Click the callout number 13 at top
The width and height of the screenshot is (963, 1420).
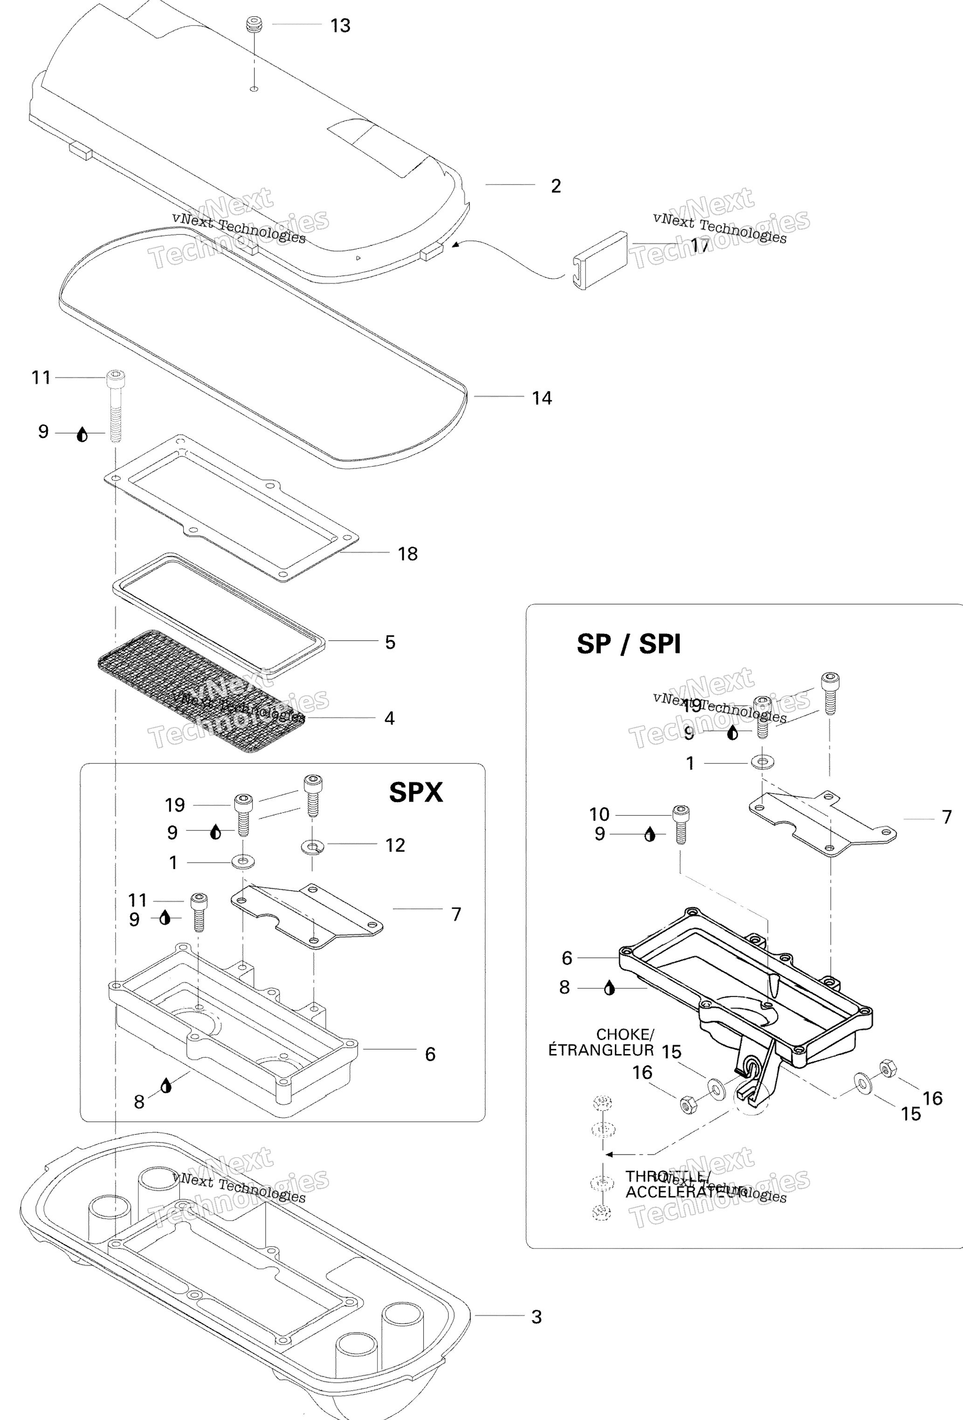click(x=340, y=26)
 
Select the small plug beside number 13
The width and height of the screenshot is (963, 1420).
click(x=254, y=26)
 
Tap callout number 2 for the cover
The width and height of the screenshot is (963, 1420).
click(x=556, y=186)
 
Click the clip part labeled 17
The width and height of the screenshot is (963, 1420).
click(x=601, y=259)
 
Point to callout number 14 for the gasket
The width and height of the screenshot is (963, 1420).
click(x=541, y=398)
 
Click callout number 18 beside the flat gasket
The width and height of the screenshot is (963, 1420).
click(x=407, y=554)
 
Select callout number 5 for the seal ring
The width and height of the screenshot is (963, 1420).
click(x=390, y=642)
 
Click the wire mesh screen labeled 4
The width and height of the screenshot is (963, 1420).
click(x=202, y=691)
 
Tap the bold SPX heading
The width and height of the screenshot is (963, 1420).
click(x=415, y=792)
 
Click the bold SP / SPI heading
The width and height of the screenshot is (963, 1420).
click(x=628, y=644)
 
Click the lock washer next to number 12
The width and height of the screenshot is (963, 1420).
click(x=312, y=847)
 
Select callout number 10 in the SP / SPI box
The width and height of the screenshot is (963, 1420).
click(x=599, y=815)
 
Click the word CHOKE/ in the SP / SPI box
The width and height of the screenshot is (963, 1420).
click(x=625, y=1035)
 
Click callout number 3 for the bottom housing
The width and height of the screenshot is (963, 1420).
click(x=536, y=1317)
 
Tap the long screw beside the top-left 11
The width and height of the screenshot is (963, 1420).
click(x=115, y=406)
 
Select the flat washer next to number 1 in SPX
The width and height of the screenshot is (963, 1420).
click(x=243, y=862)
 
